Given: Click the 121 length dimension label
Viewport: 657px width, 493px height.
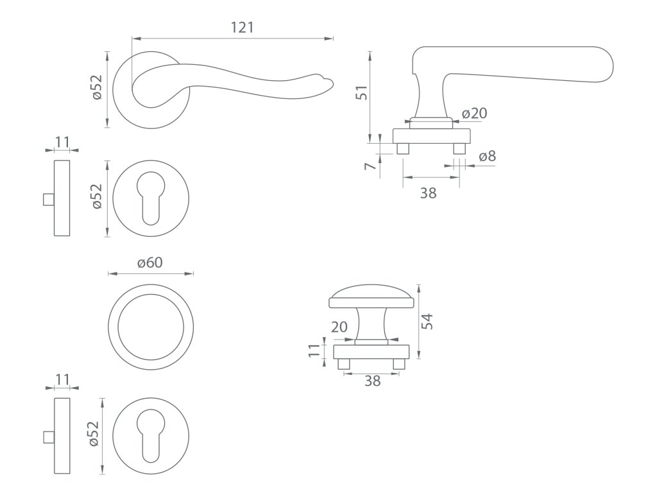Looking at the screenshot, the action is pyautogui.click(x=243, y=28).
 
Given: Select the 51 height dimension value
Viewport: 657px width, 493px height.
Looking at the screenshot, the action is pyautogui.click(x=363, y=93).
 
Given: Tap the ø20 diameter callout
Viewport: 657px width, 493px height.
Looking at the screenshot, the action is pyautogui.click(x=474, y=114).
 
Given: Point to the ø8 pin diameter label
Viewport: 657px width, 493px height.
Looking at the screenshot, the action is pyautogui.click(x=487, y=157).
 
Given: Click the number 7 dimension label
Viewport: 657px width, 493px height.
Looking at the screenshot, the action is pyautogui.click(x=370, y=166).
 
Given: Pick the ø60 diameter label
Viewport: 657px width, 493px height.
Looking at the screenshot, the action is pyautogui.click(x=150, y=263).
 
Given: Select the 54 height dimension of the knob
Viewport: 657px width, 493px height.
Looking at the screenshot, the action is pyautogui.click(x=429, y=321).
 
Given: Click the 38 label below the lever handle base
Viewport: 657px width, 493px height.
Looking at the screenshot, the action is pyautogui.click(x=428, y=192).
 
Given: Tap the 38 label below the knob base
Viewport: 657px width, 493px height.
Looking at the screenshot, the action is pyautogui.click(x=372, y=381).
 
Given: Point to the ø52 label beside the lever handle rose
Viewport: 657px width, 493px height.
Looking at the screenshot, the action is pyautogui.click(x=97, y=87).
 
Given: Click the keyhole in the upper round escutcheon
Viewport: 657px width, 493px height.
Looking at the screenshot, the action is pyautogui.click(x=150, y=197).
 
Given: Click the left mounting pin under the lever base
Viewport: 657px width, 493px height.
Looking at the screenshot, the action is pyautogui.click(x=403, y=149).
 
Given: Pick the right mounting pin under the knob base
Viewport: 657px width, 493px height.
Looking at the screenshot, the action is pyautogui.click(x=401, y=365).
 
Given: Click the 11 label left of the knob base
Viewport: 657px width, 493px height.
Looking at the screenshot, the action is pyautogui.click(x=314, y=351).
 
